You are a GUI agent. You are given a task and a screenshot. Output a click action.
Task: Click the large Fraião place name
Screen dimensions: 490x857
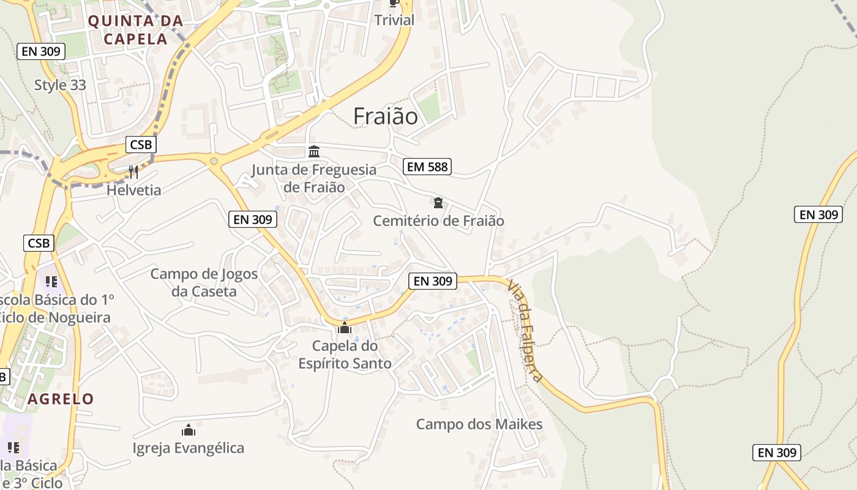pos(386,116)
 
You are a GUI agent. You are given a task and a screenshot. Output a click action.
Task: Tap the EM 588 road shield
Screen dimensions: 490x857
pos(427,166)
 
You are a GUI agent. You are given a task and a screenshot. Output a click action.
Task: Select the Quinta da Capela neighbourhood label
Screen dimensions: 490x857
pos(135,29)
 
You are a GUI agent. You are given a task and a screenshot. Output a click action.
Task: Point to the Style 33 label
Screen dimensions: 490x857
pos(60,85)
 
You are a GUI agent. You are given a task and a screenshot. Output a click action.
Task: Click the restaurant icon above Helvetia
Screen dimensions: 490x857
pos(133,171)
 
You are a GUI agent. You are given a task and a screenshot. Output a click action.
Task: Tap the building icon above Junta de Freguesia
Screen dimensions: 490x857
pos(314,151)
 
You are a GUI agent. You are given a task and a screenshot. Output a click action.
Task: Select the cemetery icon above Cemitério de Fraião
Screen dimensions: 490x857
pos(438,203)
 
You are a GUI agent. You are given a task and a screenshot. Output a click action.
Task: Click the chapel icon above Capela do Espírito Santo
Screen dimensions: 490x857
pos(345,328)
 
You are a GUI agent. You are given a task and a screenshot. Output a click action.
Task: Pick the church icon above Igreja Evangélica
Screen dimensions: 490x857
pos(189,429)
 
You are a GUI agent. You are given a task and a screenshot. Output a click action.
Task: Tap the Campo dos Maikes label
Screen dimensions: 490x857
pos(479,424)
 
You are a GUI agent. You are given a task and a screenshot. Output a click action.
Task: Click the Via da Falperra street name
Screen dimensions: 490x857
pos(525,330)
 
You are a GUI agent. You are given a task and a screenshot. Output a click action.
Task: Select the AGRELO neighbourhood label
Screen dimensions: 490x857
pos(61,399)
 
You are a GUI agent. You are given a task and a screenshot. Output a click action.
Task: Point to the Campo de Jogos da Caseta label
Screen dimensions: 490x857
pos(204,282)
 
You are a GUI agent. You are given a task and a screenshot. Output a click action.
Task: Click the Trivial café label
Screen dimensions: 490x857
pos(394,20)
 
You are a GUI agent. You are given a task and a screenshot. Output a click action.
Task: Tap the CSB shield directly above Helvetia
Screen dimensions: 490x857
pos(141,145)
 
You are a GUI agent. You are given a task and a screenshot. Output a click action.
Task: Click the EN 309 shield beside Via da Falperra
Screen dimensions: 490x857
pos(432,281)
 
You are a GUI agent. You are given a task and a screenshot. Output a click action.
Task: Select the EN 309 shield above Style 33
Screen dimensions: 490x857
pos(40,51)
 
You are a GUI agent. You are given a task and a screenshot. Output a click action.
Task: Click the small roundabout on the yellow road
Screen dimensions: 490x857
pos(214,161)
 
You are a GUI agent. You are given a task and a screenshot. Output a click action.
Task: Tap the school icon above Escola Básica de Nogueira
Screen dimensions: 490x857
pos(51,281)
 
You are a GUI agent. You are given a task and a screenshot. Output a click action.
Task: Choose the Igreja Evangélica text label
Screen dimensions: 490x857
pos(189,448)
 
